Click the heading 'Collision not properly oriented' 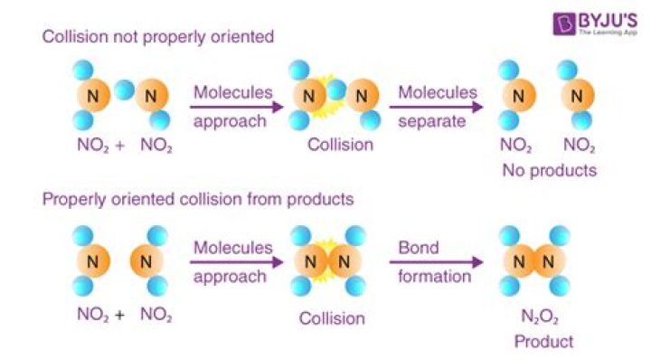coord(158,37)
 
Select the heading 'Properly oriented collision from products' coord(198,198)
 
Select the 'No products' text coord(551,168)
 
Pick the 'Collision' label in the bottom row coord(333,318)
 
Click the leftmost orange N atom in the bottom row coord(93,262)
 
